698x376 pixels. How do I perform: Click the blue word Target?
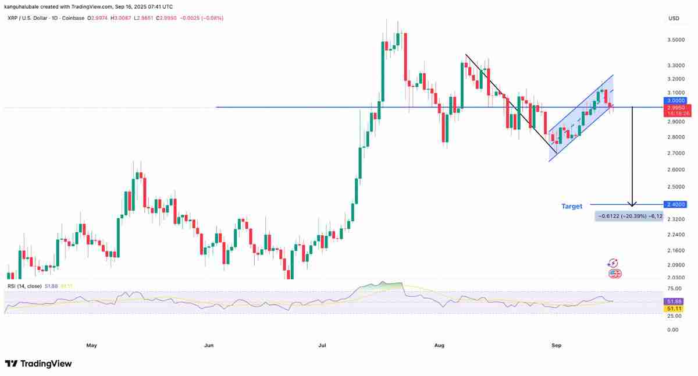572,206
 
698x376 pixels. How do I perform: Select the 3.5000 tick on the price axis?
675,40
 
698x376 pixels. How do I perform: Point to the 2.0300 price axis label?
675,278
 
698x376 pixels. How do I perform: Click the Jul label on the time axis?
322,345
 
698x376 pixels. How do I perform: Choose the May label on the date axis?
91,345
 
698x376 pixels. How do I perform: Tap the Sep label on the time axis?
556,345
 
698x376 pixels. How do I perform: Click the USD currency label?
674,19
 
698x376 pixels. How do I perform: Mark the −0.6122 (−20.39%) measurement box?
621,216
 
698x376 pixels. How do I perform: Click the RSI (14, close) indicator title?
24,286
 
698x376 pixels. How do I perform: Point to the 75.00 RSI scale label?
674,288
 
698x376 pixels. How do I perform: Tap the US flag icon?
614,273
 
